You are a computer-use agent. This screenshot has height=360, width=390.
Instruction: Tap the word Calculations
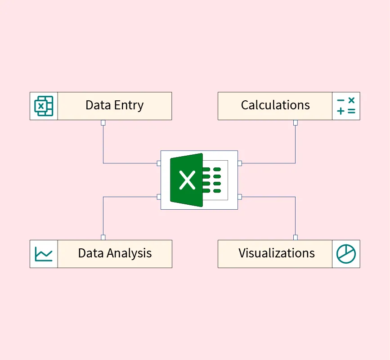275,105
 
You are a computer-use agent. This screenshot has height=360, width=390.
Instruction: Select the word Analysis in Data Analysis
130,253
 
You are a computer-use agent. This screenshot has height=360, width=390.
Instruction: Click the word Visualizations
277,253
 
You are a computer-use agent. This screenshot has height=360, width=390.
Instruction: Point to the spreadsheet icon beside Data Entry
44,106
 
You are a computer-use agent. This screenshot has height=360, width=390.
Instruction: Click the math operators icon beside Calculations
346,106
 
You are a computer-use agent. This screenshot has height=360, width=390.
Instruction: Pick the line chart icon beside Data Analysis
44,254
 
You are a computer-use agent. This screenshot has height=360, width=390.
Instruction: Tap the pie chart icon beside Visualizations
346,254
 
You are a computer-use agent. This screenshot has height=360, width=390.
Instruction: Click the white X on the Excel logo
187,180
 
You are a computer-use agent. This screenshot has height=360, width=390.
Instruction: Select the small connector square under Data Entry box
103,122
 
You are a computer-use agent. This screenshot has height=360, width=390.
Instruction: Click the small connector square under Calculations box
296,122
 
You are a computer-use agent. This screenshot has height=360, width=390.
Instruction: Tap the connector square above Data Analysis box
103,237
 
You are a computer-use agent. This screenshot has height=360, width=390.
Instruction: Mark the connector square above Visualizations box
296,237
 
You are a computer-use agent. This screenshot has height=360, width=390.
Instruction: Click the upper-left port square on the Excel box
159,163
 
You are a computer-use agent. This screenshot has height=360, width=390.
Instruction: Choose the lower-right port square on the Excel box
240,197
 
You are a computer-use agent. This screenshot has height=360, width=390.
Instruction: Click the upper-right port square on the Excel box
240,163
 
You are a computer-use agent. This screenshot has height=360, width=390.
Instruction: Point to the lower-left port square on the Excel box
159,197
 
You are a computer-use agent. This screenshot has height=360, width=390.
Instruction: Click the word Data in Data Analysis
91,253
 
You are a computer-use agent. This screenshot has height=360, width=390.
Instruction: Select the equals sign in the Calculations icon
351,111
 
